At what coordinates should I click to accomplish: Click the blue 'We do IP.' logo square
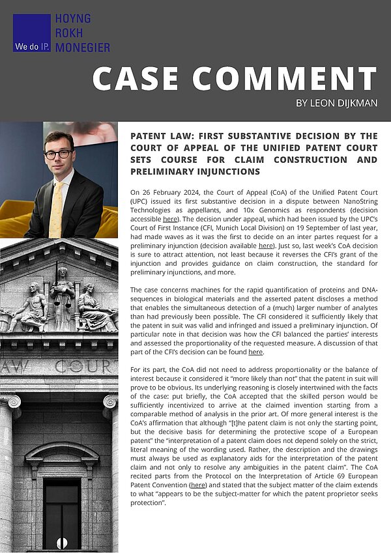(31, 33)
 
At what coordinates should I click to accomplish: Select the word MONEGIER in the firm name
(83, 46)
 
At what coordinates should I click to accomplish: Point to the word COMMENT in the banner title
(287, 79)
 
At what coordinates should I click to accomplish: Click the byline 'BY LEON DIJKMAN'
(336, 103)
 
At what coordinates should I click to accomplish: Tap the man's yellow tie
(57, 208)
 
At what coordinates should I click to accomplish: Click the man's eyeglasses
(59, 154)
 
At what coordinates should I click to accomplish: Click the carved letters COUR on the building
(89, 367)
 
